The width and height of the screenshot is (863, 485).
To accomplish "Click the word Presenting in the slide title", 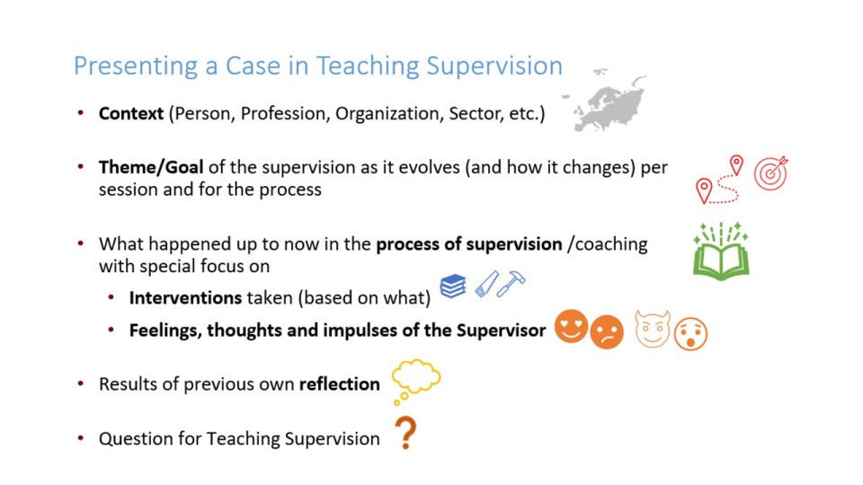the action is coord(136,66).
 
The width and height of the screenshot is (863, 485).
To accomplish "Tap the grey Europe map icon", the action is coord(604,102).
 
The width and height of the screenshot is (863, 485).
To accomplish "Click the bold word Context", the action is coord(131,113).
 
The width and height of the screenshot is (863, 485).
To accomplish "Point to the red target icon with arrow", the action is coord(771,173).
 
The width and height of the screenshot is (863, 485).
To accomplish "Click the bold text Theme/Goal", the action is coord(151,167).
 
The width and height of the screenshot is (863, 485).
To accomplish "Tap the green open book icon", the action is coord(721,251).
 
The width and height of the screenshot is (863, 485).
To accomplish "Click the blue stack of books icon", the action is coord(453,286).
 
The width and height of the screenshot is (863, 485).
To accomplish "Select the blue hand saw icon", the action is coord(486,285).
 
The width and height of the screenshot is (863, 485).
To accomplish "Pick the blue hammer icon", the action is coord(512,283).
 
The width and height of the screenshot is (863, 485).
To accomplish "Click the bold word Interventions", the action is coord(185,298).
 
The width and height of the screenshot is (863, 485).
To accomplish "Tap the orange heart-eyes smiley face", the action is coord(572,326).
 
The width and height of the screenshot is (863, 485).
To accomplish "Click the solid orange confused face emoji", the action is coord(607,332).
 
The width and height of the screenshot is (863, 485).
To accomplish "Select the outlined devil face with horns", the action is coord(653,330).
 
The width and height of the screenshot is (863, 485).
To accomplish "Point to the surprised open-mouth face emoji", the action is coord(690,334).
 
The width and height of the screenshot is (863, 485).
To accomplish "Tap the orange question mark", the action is coord(406,433).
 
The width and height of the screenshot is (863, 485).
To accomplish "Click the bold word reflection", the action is coord(340,384).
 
